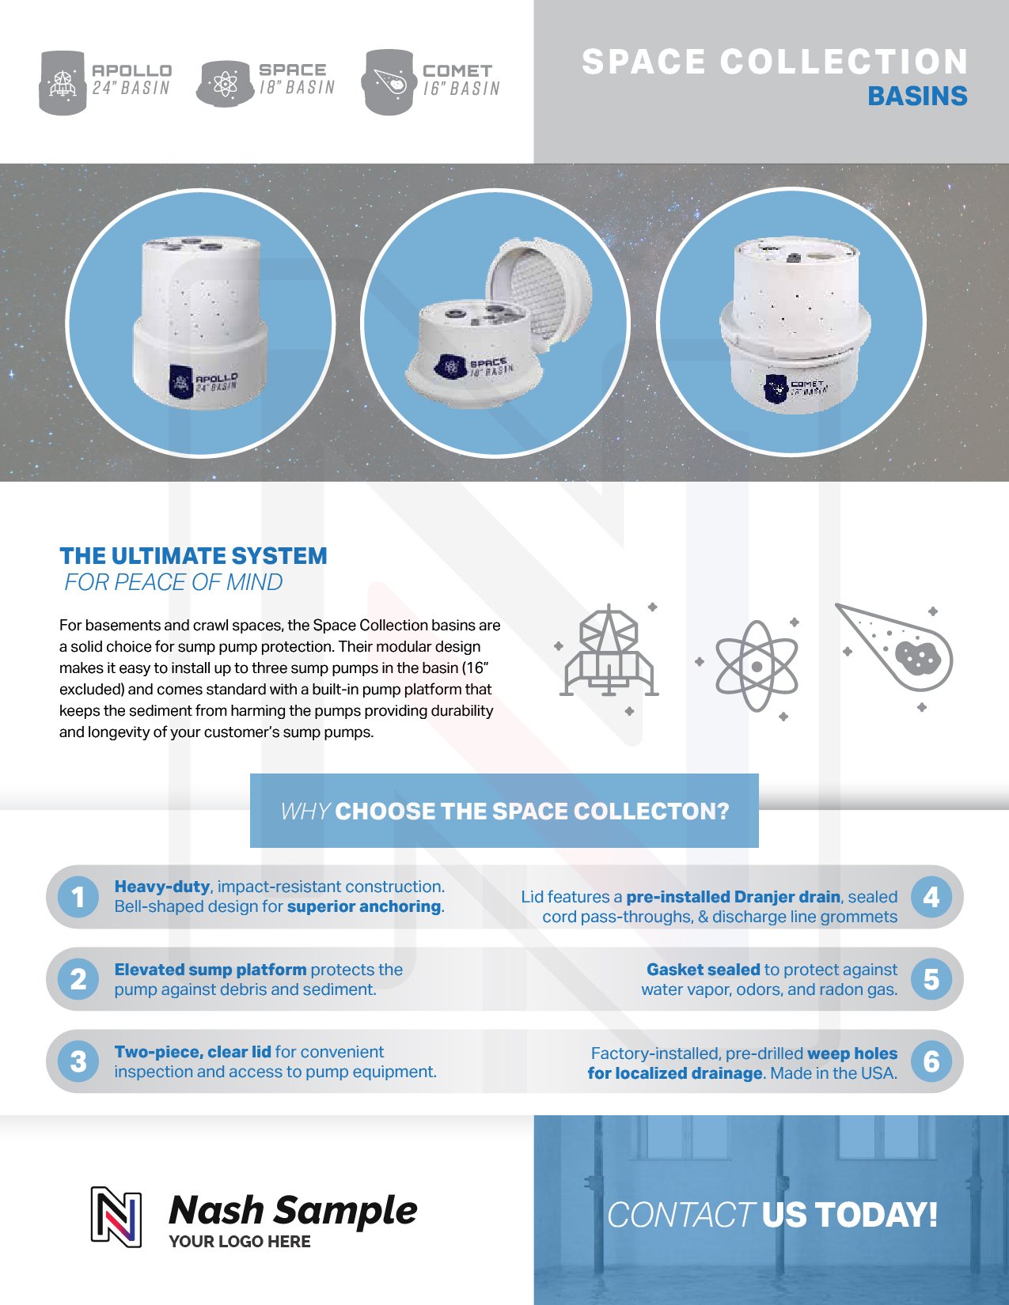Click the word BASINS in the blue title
point(917,96)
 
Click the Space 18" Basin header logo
point(267,80)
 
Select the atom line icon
point(757,667)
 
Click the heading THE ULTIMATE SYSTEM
point(193,556)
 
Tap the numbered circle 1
point(78,898)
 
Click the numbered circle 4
point(931,898)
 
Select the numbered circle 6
point(931,1061)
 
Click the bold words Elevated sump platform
point(210,970)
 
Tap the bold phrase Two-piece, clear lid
point(192,1052)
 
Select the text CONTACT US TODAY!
point(772,1215)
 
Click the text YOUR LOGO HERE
point(240,1242)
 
